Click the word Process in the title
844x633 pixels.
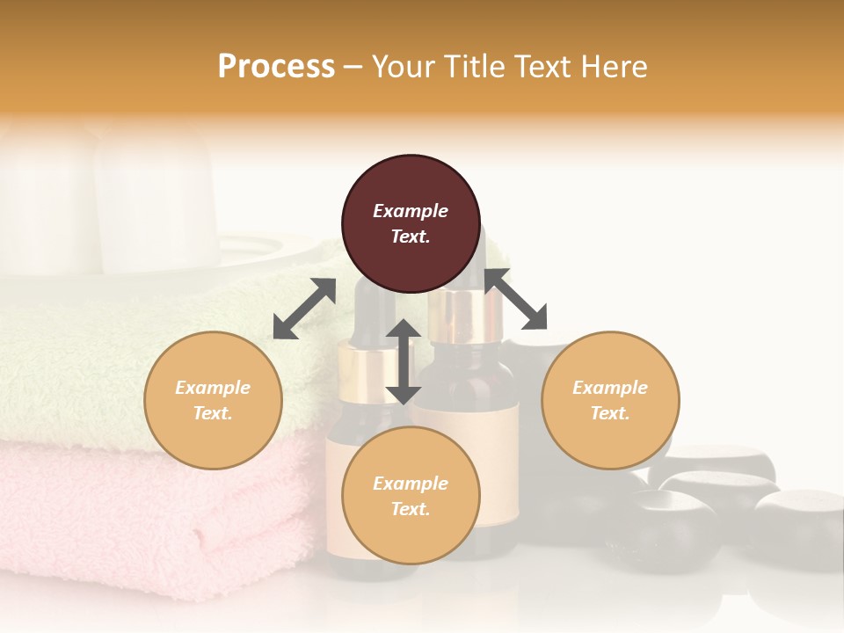[x=276, y=67]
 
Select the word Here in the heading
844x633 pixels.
[x=613, y=67]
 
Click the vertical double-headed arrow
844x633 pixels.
[x=404, y=361]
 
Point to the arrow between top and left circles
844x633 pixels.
[x=304, y=309]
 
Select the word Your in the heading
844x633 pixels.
[x=404, y=67]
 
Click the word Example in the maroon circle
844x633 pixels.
[x=411, y=211]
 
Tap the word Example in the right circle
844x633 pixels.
[x=610, y=388]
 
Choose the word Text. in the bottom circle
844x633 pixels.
[x=411, y=509]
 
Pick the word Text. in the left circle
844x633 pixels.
[x=213, y=413]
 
